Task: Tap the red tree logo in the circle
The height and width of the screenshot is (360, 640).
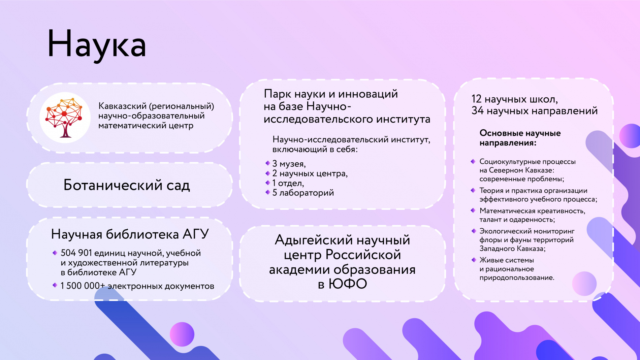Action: click(x=65, y=118)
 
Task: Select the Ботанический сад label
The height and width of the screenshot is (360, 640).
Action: click(x=127, y=185)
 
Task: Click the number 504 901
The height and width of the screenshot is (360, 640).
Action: click(x=76, y=253)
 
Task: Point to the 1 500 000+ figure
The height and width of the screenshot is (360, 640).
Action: click(x=83, y=286)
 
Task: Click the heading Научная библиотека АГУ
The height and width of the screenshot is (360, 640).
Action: click(x=130, y=234)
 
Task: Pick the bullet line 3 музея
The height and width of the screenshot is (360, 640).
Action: click(x=289, y=164)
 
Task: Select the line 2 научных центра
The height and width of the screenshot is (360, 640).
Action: click(x=310, y=173)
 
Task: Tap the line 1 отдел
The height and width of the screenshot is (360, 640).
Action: click(x=288, y=183)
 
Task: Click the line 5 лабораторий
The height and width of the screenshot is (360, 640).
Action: click(x=303, y=193)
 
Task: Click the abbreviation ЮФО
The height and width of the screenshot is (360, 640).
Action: click(x=348, y=284)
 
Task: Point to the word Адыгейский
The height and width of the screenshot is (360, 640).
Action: click(x=314, y=240)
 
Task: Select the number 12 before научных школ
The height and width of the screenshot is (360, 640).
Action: click(x=476, y=99)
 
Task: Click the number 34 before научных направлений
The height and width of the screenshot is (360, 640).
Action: click(x=477, y=110)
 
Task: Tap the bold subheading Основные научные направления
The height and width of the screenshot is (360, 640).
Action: click(x=520, y=138)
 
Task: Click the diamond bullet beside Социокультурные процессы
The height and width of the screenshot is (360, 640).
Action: click(x=473, y=161)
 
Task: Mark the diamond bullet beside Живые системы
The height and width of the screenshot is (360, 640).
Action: click(x=473, y=260)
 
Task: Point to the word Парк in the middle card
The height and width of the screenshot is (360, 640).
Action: click(x=278, y=94)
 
